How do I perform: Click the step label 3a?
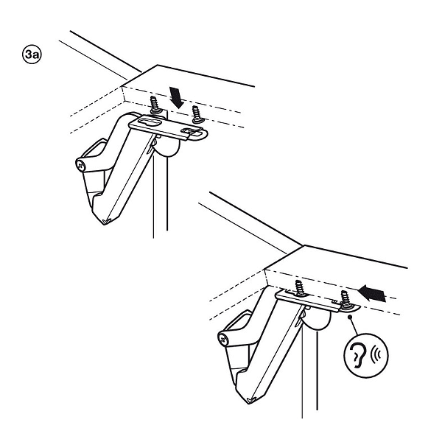pyautogui.click(x=32, y=54)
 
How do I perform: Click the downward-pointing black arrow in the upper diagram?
pyautogui.click(x=177, y=98)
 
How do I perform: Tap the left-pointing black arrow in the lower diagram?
pyautogui.click(x=373, y=293)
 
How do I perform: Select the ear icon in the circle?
pyautogui.click(x=358, y=356)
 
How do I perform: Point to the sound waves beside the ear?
pyautogui.click(x=376, y=355)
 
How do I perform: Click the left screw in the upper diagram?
pyautogui.click(x=155, y=105)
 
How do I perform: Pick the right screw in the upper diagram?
pyautogui.click(x=197, y=114)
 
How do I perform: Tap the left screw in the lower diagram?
pyautogui.click(x=301, y=288)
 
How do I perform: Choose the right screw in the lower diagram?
pyautogui.click(x=346, y=299)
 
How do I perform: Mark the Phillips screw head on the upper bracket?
pyautogui.click(x=81, y=165)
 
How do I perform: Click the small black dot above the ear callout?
pyautogui.click(x=350, y=317)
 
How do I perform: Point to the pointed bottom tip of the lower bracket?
pyautogui.click(x=249, y=402)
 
